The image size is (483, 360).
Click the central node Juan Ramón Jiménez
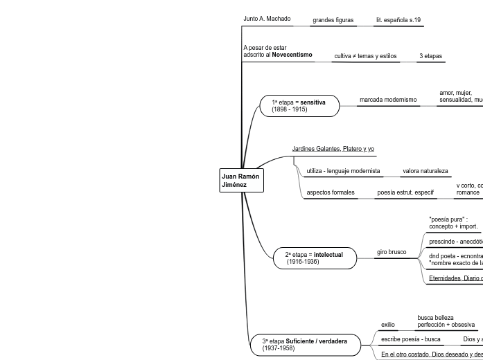[241, 181]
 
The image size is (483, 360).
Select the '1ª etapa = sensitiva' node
[300, 106]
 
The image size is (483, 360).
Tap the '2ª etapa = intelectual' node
[314, 258]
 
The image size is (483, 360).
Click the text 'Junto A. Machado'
[267, 19]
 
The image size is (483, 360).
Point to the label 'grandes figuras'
[333, 20]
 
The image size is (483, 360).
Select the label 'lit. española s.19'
[398, 20]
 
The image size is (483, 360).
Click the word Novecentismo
[292, 54]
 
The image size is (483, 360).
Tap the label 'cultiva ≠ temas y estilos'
[365, 56]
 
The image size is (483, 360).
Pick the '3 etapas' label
[430, 56]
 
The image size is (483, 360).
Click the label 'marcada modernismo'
[388, 100]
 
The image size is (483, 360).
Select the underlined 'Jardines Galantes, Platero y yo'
[333, 149]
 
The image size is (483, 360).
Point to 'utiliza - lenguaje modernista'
[343, 171]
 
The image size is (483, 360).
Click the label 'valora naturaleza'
[425, 171]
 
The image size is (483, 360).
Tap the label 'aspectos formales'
[331, 192]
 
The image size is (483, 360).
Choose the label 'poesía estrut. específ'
[405, 192]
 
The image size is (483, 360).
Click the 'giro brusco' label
[392, 252]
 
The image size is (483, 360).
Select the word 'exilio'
[388, 324]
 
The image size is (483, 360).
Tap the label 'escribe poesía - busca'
[411, 339]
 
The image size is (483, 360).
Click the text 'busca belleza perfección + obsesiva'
[446, 321]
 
